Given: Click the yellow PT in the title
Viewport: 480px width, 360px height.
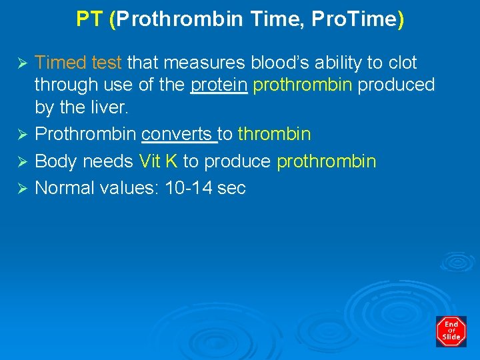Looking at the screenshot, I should pyautogui.click(x=89, y=19).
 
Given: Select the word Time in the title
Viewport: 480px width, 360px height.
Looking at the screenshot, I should pyautogui.click(x=272, y=19).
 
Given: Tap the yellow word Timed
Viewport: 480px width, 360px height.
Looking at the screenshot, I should pyautogui.click(x=61, y=63).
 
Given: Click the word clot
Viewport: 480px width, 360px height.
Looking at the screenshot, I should pyautogui.click(x=402, y=63).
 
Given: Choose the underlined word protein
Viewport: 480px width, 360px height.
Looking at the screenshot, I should pyautogui.click(x=219, y=85).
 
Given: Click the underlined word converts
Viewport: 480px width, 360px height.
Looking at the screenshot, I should pyautogui.click(x=179, y=135).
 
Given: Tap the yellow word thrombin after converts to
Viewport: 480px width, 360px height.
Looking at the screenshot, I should pyautogui.click(x=274, y=135).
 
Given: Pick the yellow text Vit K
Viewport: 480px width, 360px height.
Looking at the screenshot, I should pyautogui.click(x=158, y=161).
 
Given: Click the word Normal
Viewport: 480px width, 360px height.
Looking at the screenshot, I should pyautogui.click(x=64, y=188).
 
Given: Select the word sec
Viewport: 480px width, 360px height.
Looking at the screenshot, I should pyautogui.click(x=231, y=188).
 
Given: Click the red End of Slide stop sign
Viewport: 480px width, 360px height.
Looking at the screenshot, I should pyautogui.click(x=451, y=331).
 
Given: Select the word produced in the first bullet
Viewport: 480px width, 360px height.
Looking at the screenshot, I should pyautogui.click(x=396, y=85).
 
